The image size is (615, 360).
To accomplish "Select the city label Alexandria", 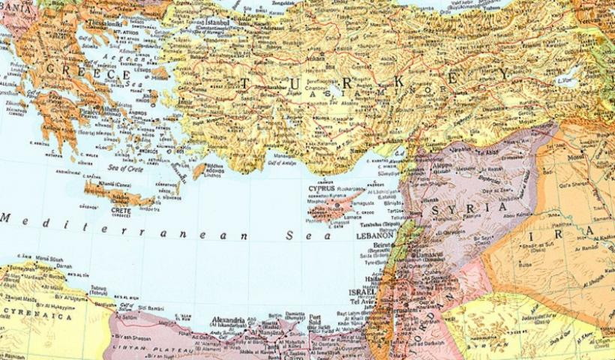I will click(229, 319).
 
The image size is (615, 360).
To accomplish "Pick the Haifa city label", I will click(370, 279).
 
